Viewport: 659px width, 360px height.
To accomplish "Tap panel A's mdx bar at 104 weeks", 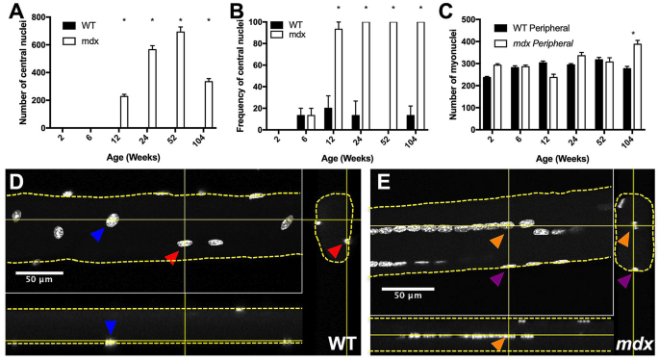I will point(208,104).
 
